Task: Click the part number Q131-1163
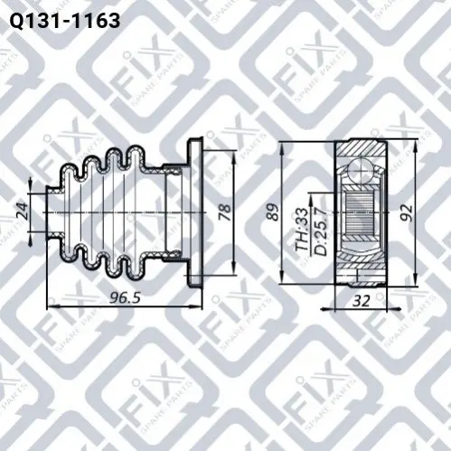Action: pyautogui.click(x=65, y=21)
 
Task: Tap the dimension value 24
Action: pyautogui.click(x=22, y=211)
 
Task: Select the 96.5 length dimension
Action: pyautogui.click(x=125, y=298)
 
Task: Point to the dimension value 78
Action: pyautogui.click(x=225, y=212)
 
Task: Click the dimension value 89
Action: pyautogui.click(x=273, y=212)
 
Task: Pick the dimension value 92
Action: pyautogui.click(x=407, y=212)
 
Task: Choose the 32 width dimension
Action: pyautogui.click(x=361, y=300)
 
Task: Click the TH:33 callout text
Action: pyautogui.click(x=302, y=230)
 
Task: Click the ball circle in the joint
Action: pyautogui.click(x=361, y=170)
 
